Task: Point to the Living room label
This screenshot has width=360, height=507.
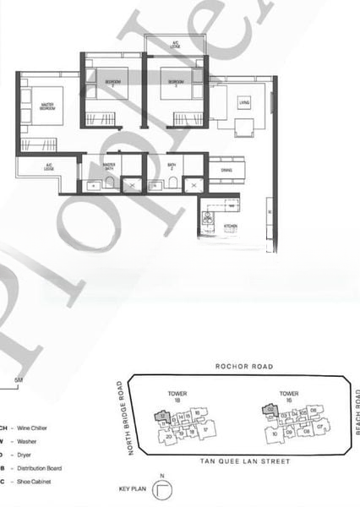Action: pyautogui.click(x=244, y=103)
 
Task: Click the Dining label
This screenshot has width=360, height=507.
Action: pyautogui.click(x=226, y=170)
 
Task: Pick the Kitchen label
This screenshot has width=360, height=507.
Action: pyautogui.click(x=230, y=226)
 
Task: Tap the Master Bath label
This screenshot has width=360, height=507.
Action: pyautogui.click(x=109, y=166)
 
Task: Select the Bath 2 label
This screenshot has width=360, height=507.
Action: pyautogui.click(x=171, y=167)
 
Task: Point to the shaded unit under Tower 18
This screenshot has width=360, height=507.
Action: pyautogui.click(x=165, y=416)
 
